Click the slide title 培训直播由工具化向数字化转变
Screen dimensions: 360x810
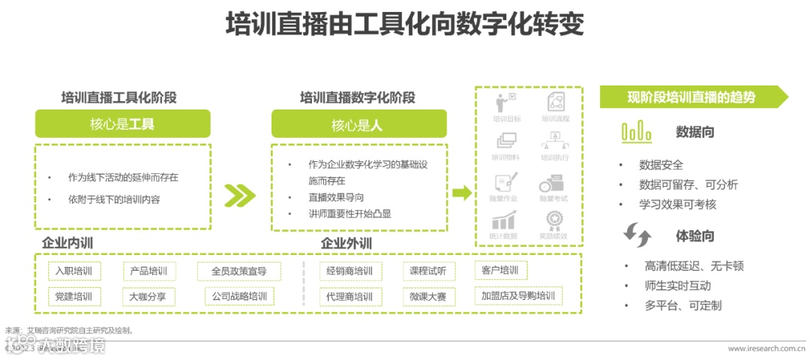(404, 24)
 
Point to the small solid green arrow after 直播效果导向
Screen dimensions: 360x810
(462, 193)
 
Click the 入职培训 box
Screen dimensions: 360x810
(72, 271)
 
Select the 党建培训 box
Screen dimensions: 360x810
(72, 296)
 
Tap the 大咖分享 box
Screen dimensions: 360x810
(148, 296)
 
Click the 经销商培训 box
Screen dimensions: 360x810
(349, 271)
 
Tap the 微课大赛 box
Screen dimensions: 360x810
(427, 296)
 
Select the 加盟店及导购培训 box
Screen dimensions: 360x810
(517, 295)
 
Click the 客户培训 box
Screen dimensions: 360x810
(499, 271)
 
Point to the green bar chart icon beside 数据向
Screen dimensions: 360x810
(636, 132)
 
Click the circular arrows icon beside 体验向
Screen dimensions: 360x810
(637, 235)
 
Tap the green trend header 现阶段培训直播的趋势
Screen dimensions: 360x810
(691, 97)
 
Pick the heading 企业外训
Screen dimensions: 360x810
(346, 244)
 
